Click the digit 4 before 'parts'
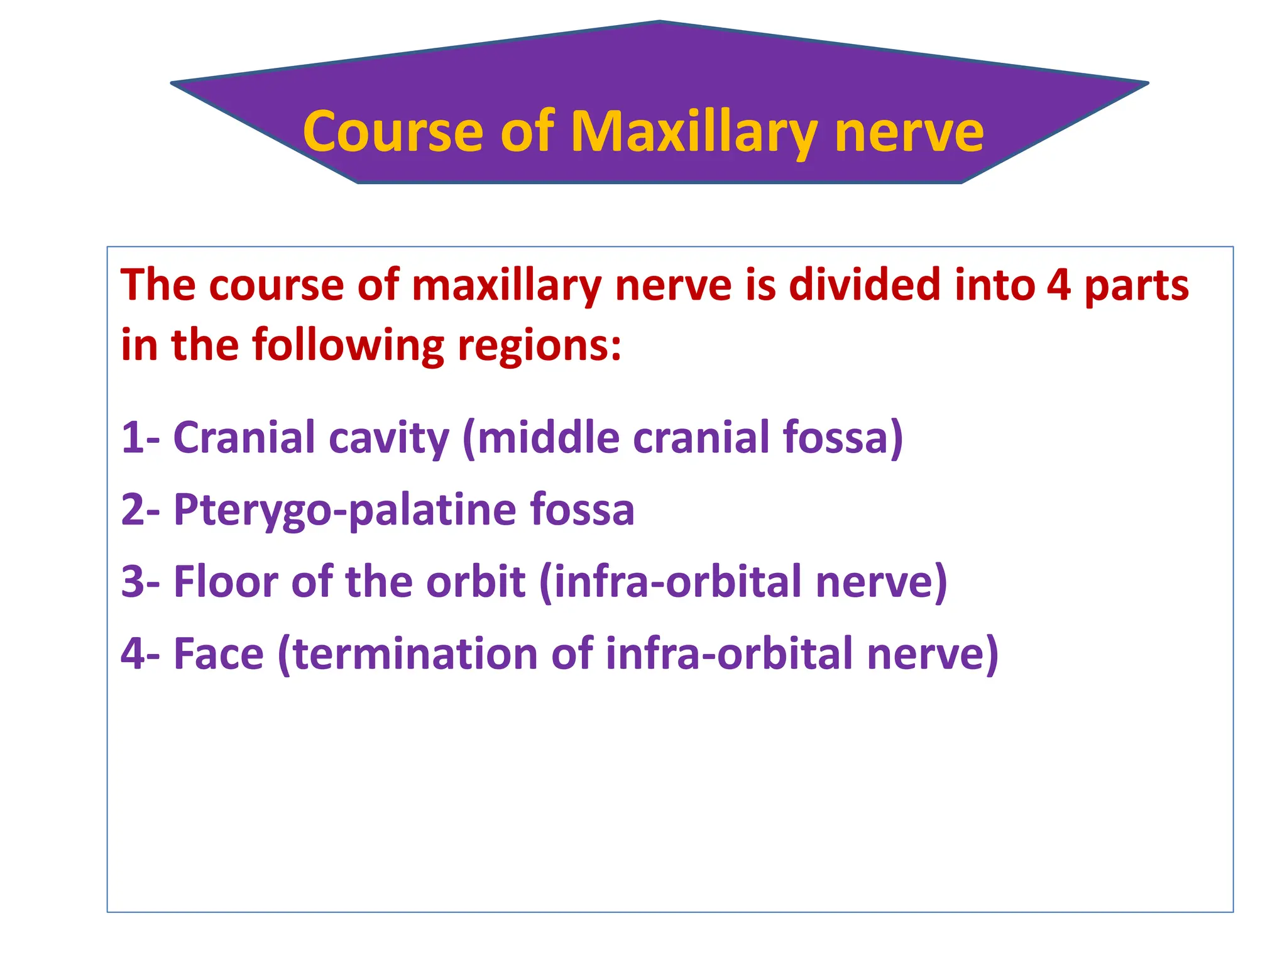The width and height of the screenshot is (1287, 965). tap(1059, 285)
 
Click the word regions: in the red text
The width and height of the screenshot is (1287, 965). tap(540, 346)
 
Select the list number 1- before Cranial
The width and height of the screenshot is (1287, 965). tap(140, 437)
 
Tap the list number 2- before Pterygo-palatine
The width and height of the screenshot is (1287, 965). tap(140, 509)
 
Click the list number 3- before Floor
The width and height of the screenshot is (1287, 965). tap(140, 581)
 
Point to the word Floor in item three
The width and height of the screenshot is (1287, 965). tap(226, 581)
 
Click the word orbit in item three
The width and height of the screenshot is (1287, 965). tap(476, 581)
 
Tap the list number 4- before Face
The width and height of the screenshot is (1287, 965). tap(140, 653)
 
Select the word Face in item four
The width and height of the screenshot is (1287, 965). tap(218, 653)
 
